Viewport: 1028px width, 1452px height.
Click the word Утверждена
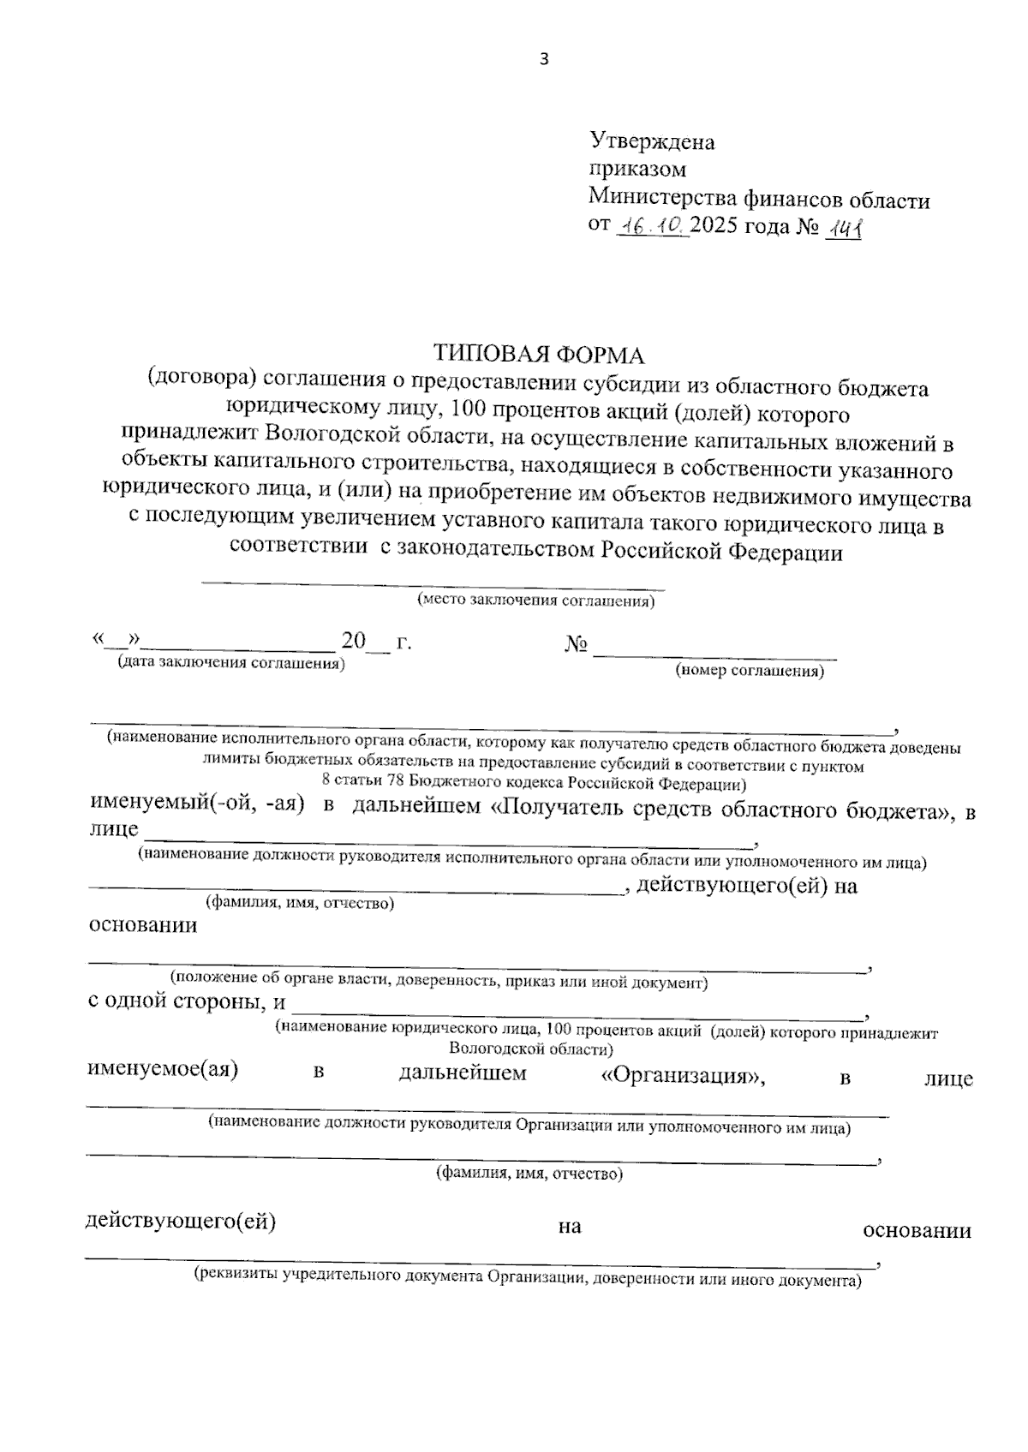coord(652,141)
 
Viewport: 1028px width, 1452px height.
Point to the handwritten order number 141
coord(843,228)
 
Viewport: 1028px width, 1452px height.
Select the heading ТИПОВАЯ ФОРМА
coord(538,353)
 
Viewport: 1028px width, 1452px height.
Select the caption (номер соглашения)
coord(750,671)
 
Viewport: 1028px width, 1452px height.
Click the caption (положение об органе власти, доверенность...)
coord(439,982)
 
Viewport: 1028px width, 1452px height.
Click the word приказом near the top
coord(637,170)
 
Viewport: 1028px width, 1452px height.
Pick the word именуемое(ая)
coord(164,1069)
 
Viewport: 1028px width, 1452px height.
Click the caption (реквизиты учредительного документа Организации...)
coord(527,1281)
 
